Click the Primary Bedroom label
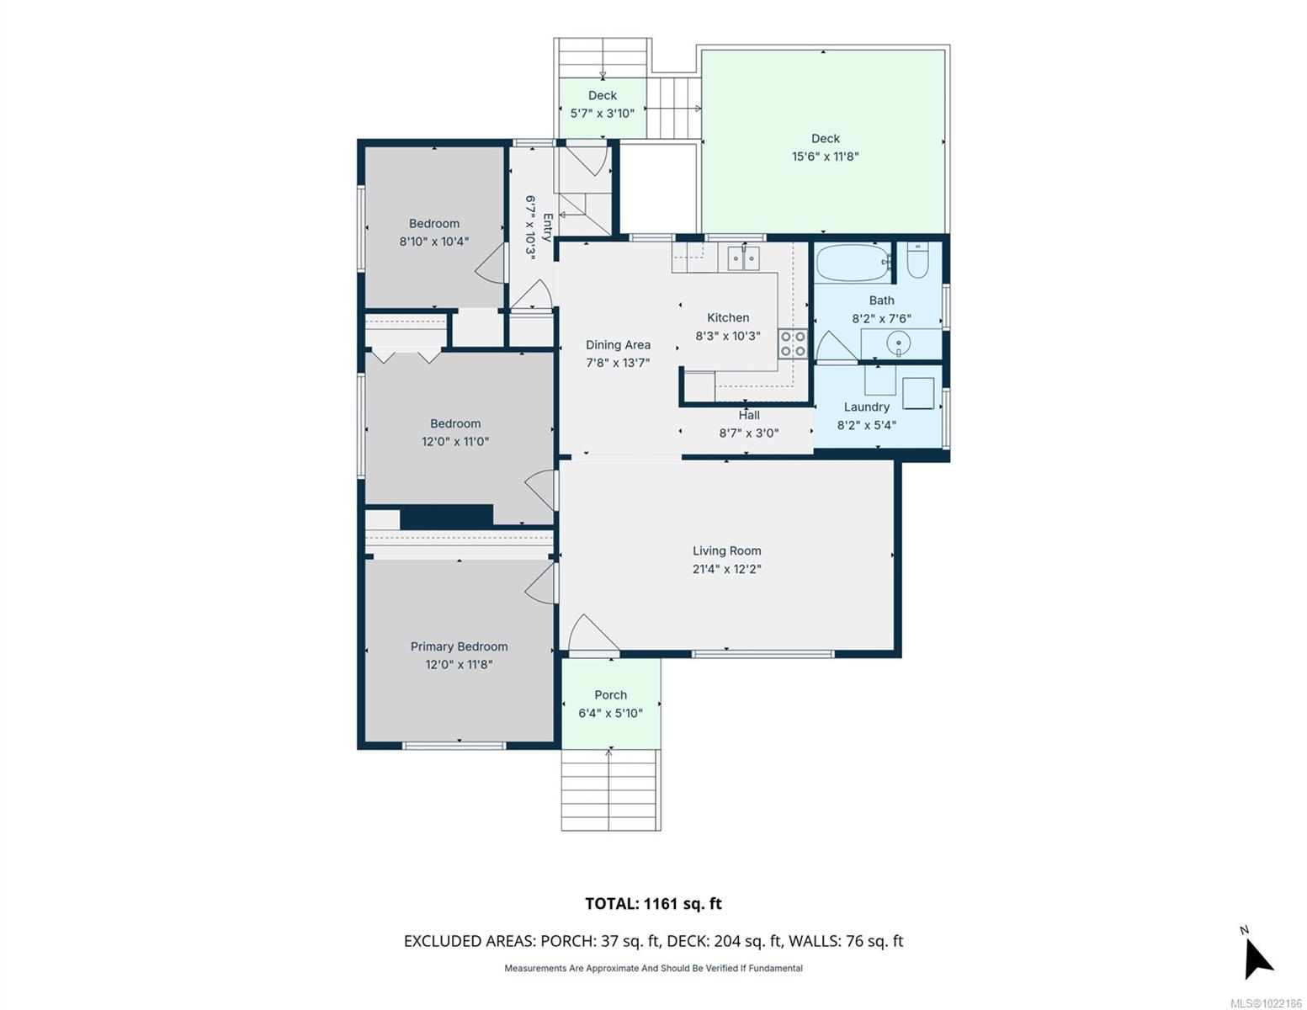coord(459,646)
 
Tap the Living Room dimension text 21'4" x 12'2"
coord(726,568)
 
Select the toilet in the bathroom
coord(916,259)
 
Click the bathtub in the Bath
coord(853,263)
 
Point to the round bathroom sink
coord(898,344)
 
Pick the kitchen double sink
coord(743,258)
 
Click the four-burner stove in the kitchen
coord(792,344)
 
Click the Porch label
coord(610,694)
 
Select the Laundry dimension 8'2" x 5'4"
coord(866,425)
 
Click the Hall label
coord(748,414)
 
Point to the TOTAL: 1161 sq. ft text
coord(653,903)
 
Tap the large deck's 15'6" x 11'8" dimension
coord(825,157)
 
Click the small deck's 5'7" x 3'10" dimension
coord(602,113)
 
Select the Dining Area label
coord(618,345)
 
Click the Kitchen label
coord(728,317)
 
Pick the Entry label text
coord(547,226)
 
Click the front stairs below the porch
coord(610,789)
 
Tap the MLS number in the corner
coord(1266,1003)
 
